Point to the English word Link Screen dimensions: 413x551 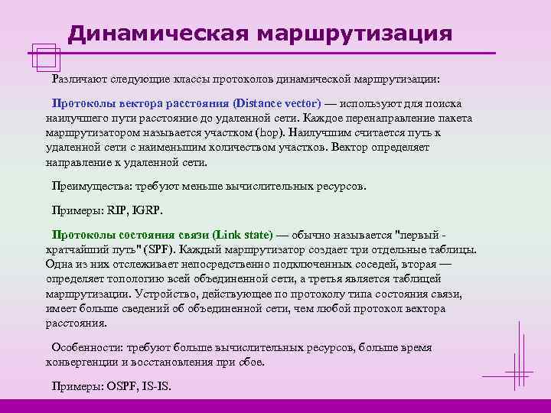click(229, 235)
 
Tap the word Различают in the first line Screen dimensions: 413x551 click(79, 79)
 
